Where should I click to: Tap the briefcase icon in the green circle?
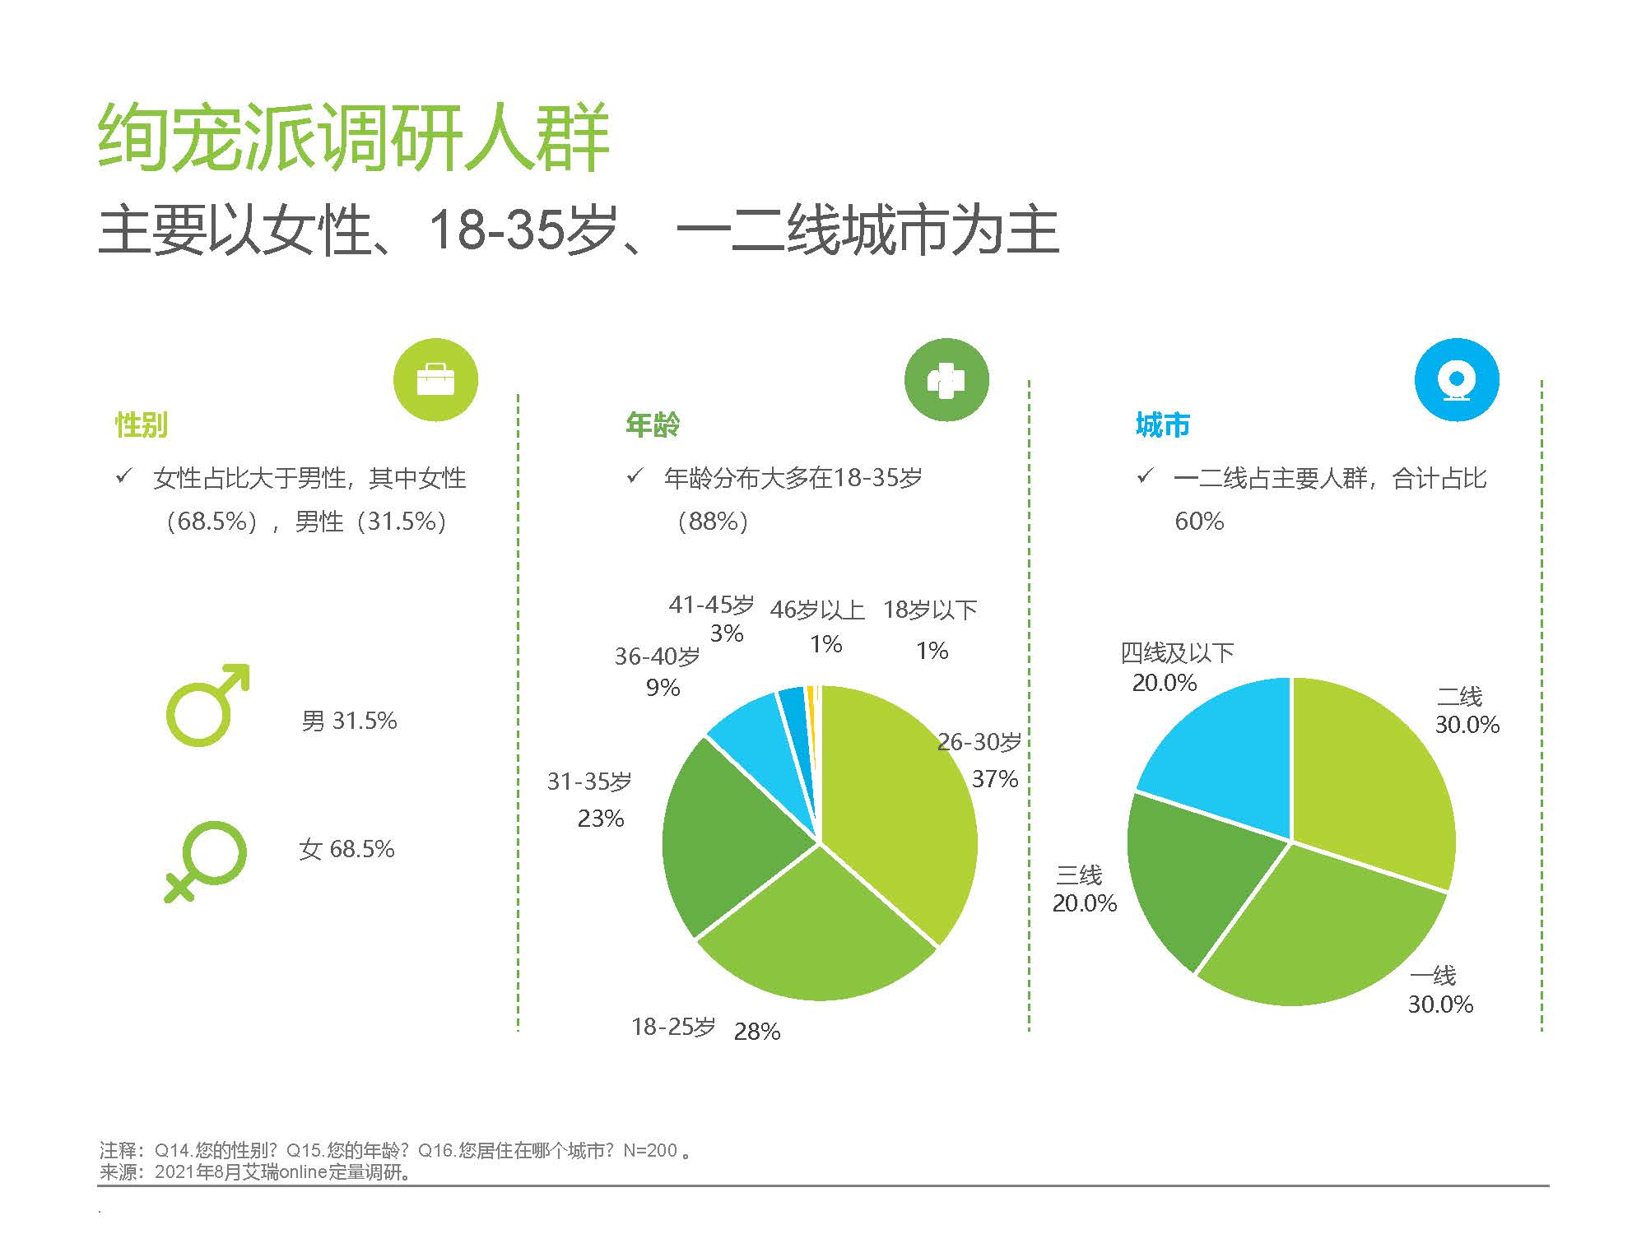435,380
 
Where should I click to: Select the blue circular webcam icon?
1457,380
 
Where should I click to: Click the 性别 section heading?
142,425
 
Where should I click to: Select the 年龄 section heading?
653,425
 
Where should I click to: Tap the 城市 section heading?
1163,425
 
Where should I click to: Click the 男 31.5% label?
349,721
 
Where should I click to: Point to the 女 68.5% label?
347,849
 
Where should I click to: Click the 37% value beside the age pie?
995,778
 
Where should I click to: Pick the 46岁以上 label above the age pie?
817,610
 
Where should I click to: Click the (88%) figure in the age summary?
712,522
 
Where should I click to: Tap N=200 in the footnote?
650,1150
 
